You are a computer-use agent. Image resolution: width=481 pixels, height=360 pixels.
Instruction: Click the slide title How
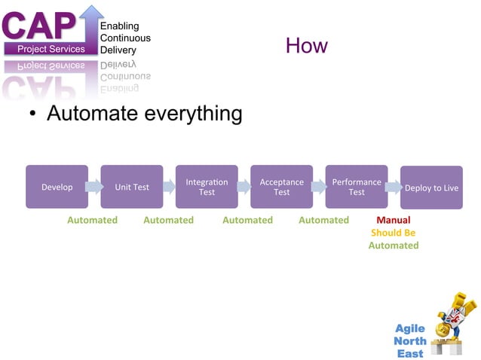pyautogui.click(x=306, y=46)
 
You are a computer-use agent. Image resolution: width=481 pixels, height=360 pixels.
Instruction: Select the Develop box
pyautogui.click(x=57, y=187)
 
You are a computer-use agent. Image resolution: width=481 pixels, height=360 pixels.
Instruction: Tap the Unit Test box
pyautogui.click(x=132, y=187)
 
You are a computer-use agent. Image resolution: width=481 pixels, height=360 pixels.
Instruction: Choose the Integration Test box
pyautogui.click(x=207, y=187)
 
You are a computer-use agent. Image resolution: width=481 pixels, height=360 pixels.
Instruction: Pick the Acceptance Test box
pyautogui.click(x=281, y=187)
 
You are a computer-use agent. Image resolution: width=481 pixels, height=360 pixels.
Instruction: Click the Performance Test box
pyautogui.click(x=356, y=187)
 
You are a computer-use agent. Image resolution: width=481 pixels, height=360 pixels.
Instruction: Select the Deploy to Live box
pyautogui.click(x=431, y=188)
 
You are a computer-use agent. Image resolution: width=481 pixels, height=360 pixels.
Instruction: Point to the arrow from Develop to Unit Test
pyautogui.click(x=94, y=187)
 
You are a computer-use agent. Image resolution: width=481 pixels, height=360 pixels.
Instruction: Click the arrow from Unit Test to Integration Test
pyautogui.click(x=169, y=187)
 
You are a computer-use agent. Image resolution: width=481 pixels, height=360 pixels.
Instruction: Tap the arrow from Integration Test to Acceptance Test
pyautogui.click(x=244, y=187)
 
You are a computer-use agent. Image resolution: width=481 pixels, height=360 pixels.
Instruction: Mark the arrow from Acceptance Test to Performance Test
pyautogui.click(x=318, y=187)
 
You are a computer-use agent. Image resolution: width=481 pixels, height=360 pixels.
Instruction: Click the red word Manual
pyautogui.click(x=393, y=220)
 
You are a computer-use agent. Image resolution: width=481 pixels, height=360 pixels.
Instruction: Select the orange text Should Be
pyautogui.click(x=393, y=233)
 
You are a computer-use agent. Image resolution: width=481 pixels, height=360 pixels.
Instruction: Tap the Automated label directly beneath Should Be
pyautogui.click(x=393, y=246)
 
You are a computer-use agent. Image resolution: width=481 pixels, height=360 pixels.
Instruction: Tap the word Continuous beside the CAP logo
pyautogui.click(x=125, y=38)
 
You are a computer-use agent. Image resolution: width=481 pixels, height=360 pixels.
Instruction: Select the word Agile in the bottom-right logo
pyautogui.click(x=410, y=328)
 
